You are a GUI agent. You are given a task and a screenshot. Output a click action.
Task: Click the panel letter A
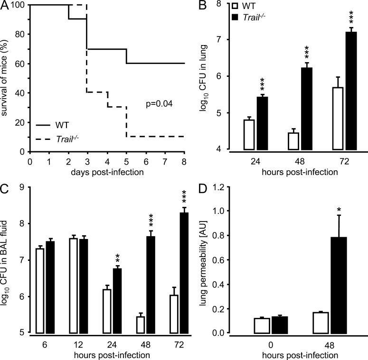(6, 5)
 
